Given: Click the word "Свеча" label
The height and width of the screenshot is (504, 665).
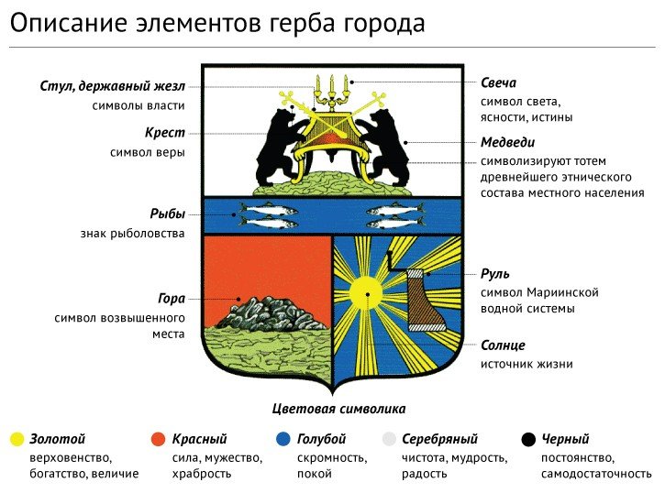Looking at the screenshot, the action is coord(498,82).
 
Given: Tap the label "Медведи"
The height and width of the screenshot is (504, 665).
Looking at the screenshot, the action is coord(507,142).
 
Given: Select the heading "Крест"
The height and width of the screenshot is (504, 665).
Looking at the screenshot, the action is coord(165,133).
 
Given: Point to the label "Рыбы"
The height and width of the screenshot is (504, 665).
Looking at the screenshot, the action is coord(168,214).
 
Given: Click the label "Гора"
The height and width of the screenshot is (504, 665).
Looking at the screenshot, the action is coord(172,299).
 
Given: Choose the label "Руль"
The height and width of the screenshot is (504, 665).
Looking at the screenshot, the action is coord(495,274).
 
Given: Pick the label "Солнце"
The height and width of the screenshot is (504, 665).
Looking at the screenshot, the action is coord(503,345).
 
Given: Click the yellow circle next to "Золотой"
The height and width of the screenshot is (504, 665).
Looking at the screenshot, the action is coord(17,439).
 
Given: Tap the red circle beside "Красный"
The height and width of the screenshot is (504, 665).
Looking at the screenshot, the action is coord(158,439).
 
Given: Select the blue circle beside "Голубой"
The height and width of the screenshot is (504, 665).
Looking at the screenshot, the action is coord(283,439).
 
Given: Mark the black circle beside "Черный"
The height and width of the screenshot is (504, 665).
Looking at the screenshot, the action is coord(528,439).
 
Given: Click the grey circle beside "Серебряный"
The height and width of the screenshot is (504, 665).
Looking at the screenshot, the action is coord(389,439).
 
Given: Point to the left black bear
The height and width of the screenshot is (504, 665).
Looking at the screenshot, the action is coord(279,146).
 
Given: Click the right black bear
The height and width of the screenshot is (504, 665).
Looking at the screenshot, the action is coord(383,146).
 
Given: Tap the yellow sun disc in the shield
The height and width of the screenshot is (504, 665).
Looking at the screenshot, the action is coord(367,294).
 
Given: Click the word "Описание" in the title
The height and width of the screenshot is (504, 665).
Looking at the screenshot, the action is coord(68,23).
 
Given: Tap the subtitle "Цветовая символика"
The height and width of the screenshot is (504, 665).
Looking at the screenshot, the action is coord(338,409).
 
